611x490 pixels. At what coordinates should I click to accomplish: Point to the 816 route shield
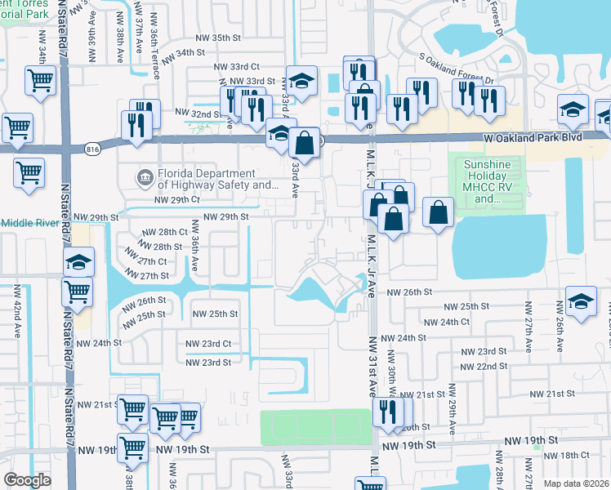[91, 147]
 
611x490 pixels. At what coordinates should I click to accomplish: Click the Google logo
[27, 480]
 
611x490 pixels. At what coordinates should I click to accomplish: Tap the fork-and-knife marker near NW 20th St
[387, 412]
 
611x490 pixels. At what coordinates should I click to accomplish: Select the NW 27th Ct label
[148, 261]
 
